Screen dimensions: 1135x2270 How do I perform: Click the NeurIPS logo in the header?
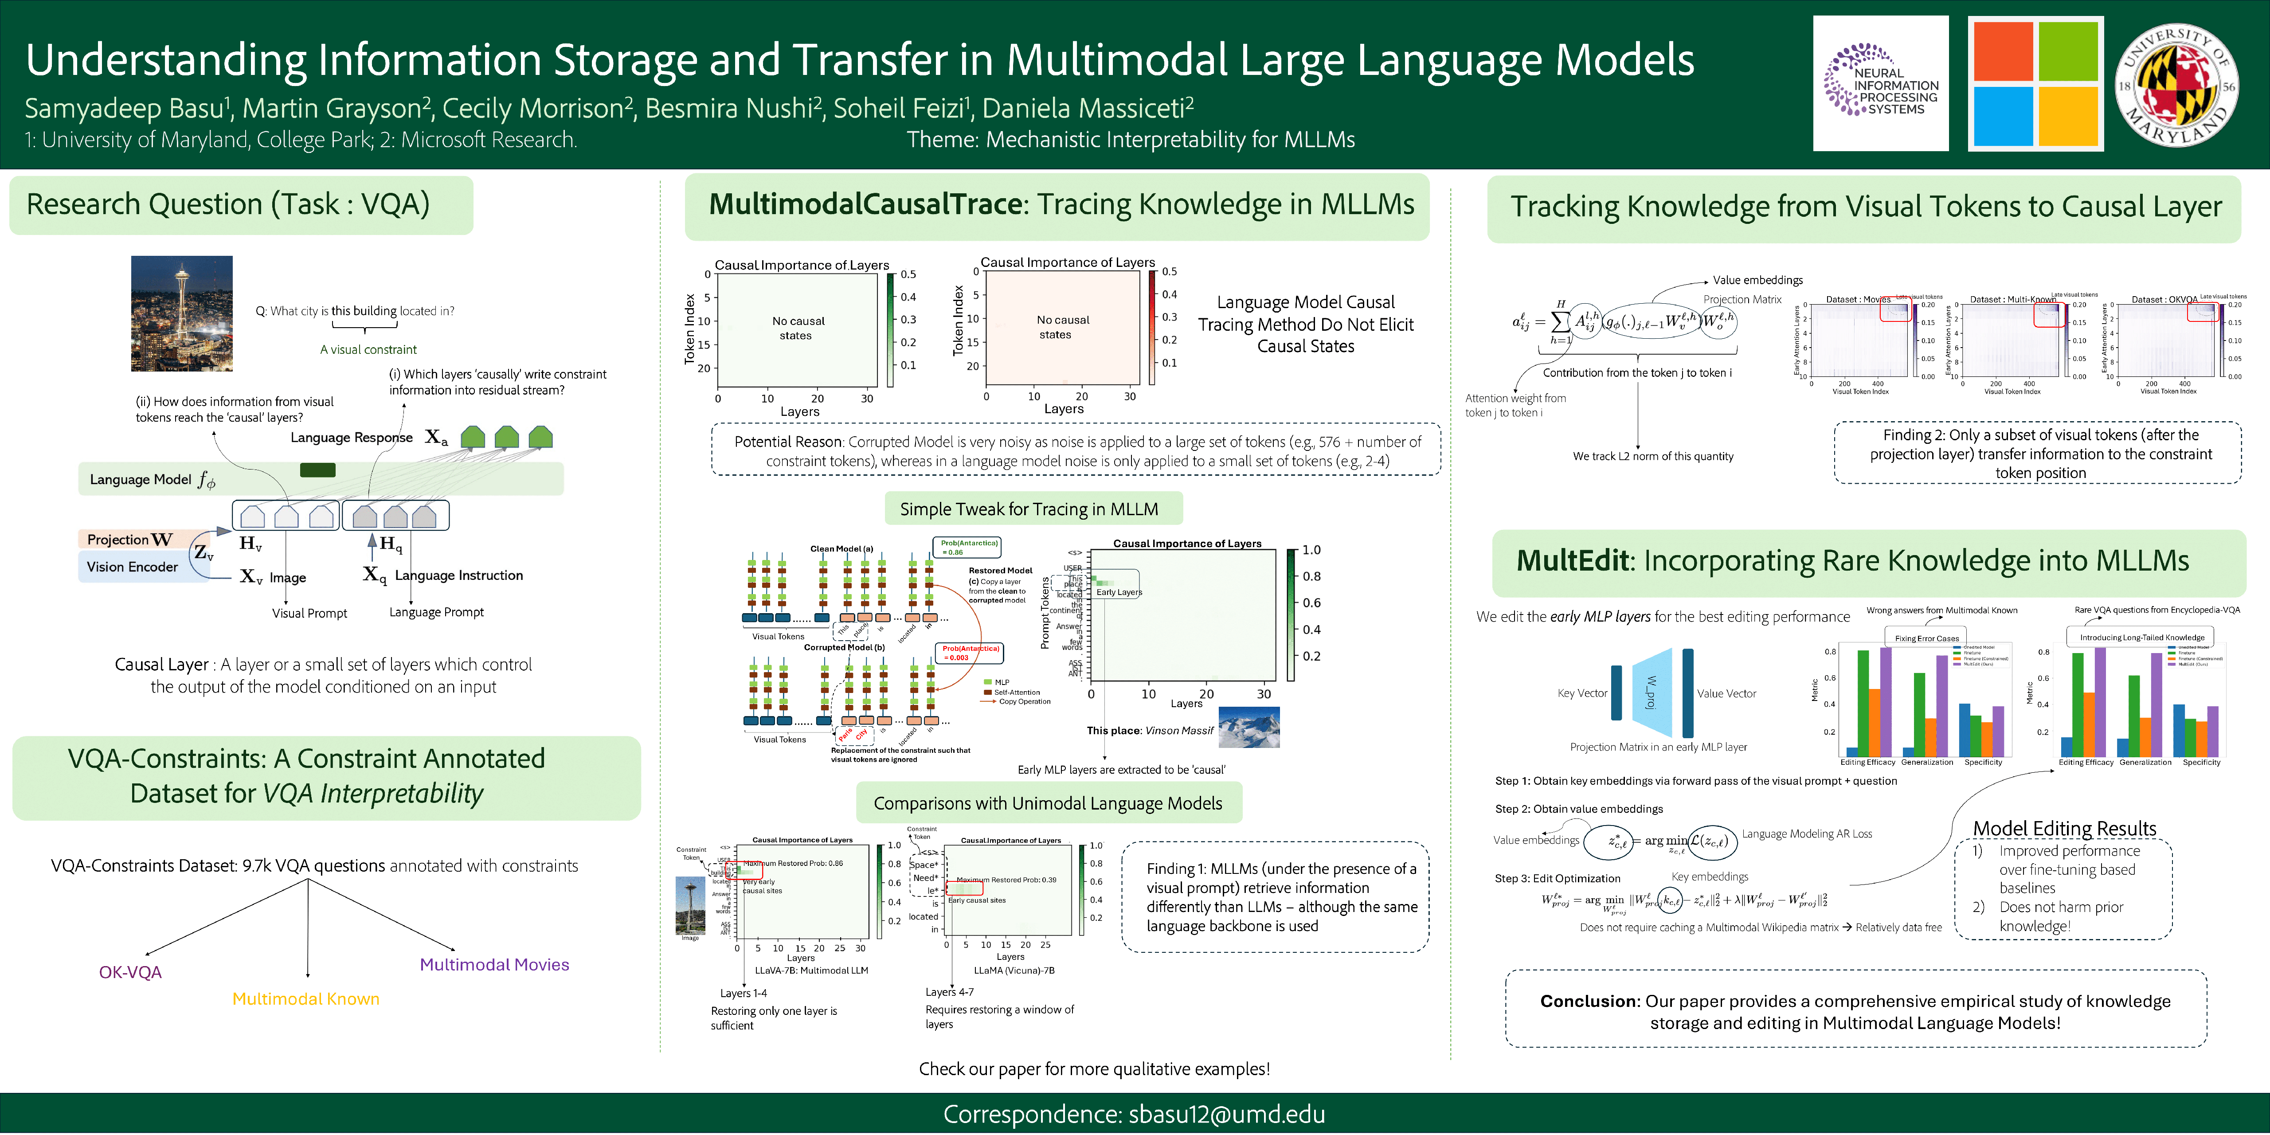(1880, 84)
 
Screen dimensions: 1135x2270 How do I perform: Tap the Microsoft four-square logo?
(2035, 84)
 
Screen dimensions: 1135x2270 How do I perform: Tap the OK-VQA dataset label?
(130, 972)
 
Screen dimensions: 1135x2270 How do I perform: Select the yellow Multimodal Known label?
(306, 998)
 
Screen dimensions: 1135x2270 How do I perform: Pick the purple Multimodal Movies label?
(494, 964)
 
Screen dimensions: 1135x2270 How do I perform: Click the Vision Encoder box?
(132, 567)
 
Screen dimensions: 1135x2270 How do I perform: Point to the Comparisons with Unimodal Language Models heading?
(1048, 803)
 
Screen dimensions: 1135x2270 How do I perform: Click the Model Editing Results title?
(2064, 828)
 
